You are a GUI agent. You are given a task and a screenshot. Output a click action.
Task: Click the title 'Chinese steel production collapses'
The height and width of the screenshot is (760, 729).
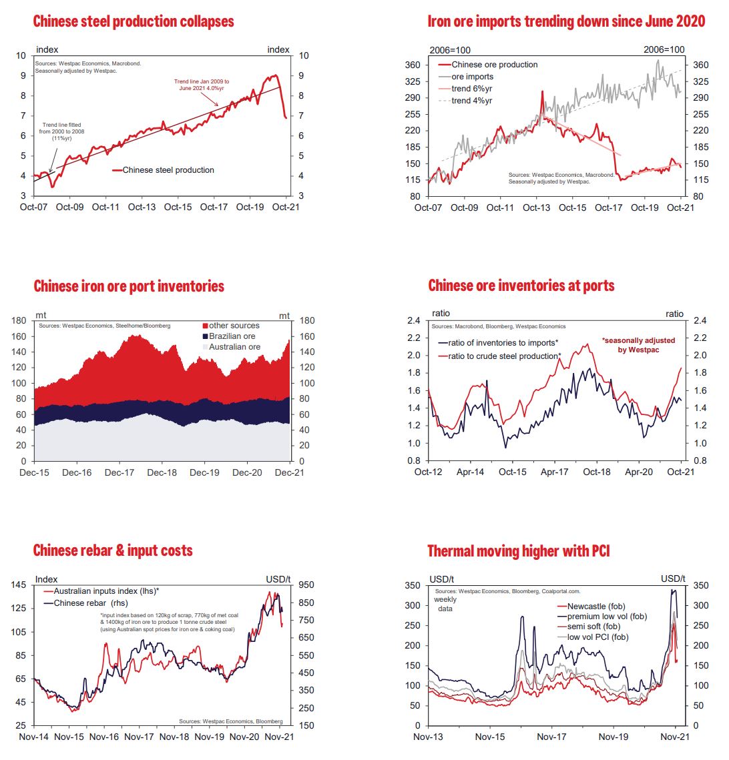(x=134, y=21)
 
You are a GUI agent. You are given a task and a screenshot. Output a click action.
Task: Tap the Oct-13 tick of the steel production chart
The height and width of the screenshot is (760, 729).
(x=142, y=207)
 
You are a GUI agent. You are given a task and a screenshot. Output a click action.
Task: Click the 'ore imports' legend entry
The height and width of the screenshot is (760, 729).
(x=473, y=77)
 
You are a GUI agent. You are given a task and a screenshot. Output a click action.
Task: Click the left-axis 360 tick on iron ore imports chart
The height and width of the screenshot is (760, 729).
(x=413, y=65)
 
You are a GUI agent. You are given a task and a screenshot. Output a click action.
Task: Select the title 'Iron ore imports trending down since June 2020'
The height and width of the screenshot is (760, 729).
(x=566, y=21)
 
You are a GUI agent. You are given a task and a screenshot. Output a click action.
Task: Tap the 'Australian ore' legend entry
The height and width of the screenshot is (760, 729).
(x=234, y=347)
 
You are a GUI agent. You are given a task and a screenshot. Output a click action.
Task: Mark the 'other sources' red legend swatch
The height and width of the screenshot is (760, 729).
(x=205, y=326)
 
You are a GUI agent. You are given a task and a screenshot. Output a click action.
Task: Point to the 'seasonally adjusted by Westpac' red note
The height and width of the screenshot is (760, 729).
(x=638, y=345)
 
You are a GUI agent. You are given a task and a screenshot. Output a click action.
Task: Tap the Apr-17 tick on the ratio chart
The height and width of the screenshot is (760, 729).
(x=554, y=472)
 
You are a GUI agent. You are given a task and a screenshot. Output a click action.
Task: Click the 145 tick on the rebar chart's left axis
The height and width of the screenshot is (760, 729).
(x=19, y=585)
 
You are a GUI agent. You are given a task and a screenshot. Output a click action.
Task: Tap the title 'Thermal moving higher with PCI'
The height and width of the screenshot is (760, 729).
(x=518, y=550)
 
